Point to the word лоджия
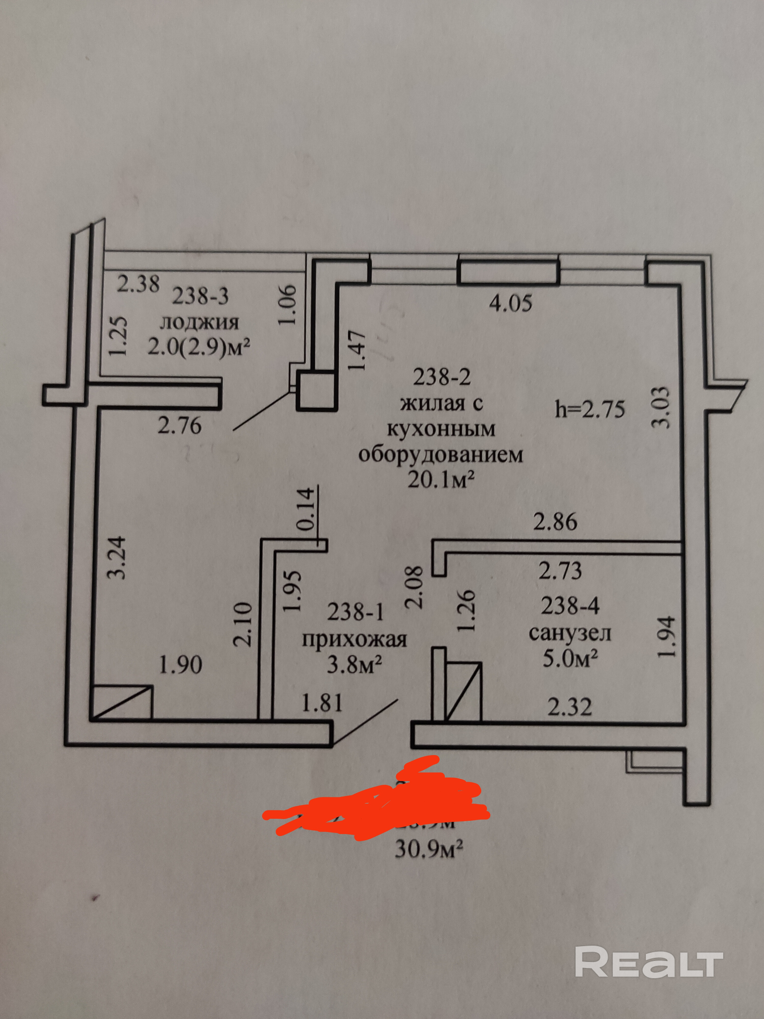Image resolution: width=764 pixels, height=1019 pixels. click(199, 323)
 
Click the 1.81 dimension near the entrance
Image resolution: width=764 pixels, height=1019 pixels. click(322, 703)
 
